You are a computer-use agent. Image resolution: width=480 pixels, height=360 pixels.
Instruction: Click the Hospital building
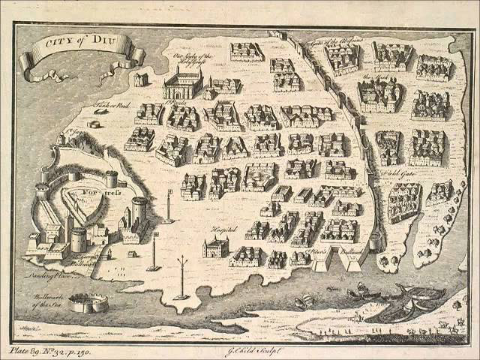click(x=215, y=246)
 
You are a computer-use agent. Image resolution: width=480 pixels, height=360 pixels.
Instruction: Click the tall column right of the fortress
click(x=167, y=206)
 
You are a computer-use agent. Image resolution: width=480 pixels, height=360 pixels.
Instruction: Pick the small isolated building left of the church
click(x=141, y=79)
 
